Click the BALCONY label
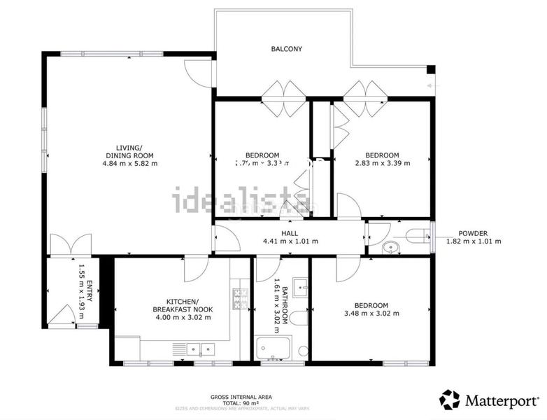point(287,49)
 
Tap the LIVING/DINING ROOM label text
point(129,151)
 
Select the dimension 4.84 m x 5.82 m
point(129,164)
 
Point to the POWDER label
point(473,233)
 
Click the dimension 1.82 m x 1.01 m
point(474,241)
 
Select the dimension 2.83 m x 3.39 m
point(383,163)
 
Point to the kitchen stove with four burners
point(241,300)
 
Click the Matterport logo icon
point(449,400)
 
